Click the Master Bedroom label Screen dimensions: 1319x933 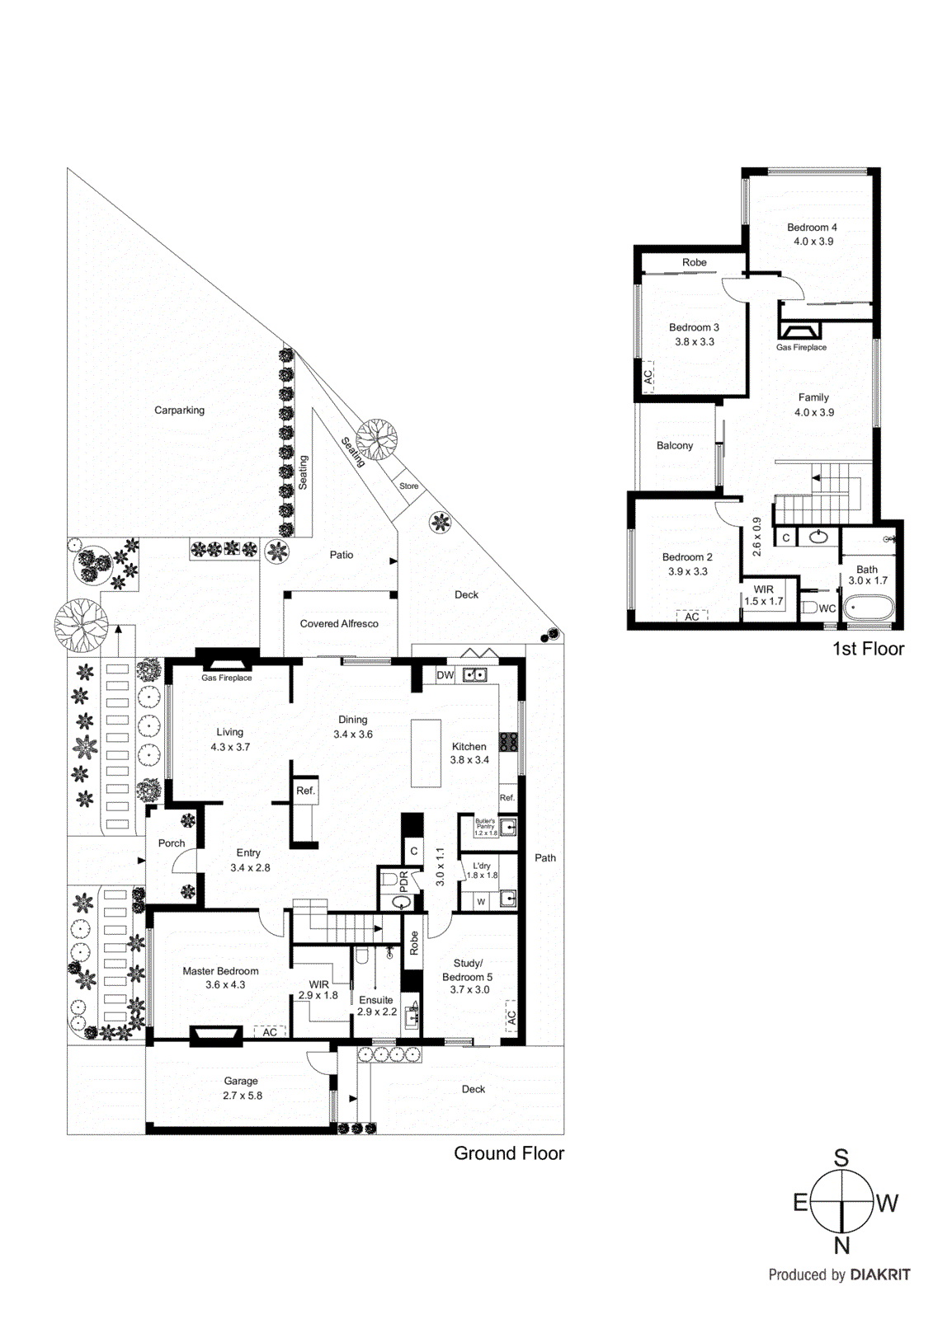click(x=220, y=971)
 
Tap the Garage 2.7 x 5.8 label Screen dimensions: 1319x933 click(x=241, y=1088)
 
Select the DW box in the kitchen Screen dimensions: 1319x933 click(x=445, y=675)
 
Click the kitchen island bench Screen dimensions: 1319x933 click(x=426, y=753)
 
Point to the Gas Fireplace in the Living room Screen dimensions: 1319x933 click(x=226, y=664)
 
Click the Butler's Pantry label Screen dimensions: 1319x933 click(x=485, y=826)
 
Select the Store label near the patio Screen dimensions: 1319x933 click(x=409, y=486)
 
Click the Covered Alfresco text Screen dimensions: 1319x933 click(x=339, y=624)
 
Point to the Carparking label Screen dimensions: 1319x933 click(x=179, y=411)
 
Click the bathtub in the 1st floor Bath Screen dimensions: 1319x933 click(x=868, y=610)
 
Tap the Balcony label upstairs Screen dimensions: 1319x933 click(x=675, y=446)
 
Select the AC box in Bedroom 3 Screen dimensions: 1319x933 click(x=648, y=375)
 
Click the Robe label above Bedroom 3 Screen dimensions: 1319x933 click(x=695, y=263)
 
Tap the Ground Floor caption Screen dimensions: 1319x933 click(x=509, y=1153)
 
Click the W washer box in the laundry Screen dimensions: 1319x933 click(x=481, y=902)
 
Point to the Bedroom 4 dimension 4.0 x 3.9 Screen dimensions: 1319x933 click(x=813, y=242)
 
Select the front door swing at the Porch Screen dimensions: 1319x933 click(x=185, y=861)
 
